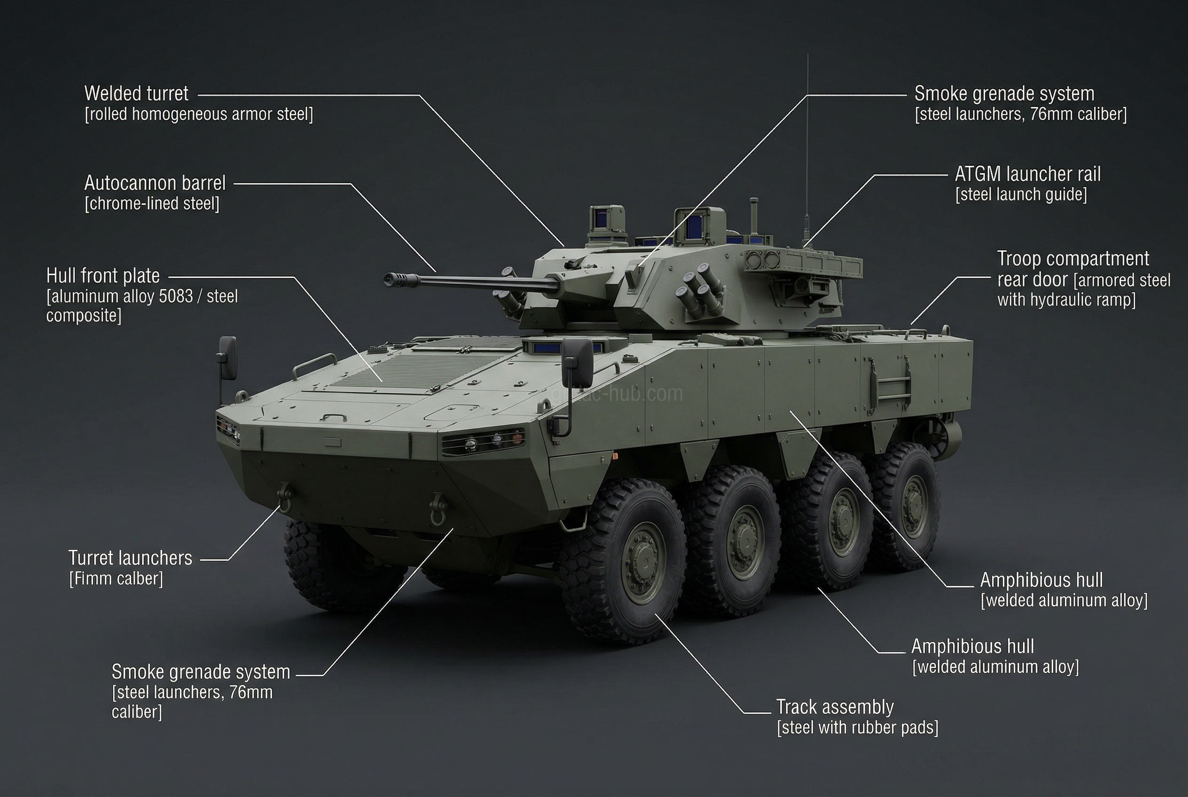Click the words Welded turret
(x=136, y=94)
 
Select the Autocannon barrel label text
(x=155, y=183)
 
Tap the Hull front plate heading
(x=103, y=276)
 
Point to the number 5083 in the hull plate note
(x=176, y=297)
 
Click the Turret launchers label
(x=131, y=558)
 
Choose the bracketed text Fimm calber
(x=117, y=579)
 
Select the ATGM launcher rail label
(x=1027, y=174)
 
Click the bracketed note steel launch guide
(x=1021, y=195)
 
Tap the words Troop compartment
(x=1072, y=259)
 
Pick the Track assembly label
(x=835, y=707)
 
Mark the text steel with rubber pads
(x=857, y=728)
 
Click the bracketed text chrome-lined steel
(x=152, y=204)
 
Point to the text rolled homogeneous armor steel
(x=199, y=114)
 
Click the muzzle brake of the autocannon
(x=393, y=278)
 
